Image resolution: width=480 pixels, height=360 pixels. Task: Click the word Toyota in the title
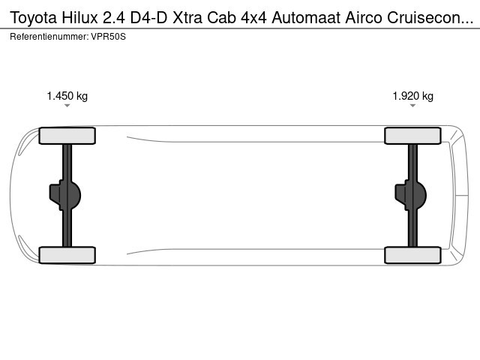tap(33, 18)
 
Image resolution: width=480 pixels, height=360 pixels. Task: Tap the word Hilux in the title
tap(80, 17)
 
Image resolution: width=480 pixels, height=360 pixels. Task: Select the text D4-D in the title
tap(148, 17)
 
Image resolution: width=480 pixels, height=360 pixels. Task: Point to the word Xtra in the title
tap(187, 17)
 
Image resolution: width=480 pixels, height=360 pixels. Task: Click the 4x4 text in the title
tap(253, 17)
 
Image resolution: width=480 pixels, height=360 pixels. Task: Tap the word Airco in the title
tap(364, 17)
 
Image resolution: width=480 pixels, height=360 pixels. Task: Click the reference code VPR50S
tap(108, 37)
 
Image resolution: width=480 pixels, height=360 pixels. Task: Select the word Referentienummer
tap(49, 37)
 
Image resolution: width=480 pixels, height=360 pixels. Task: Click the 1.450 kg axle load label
tap(67, 96)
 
